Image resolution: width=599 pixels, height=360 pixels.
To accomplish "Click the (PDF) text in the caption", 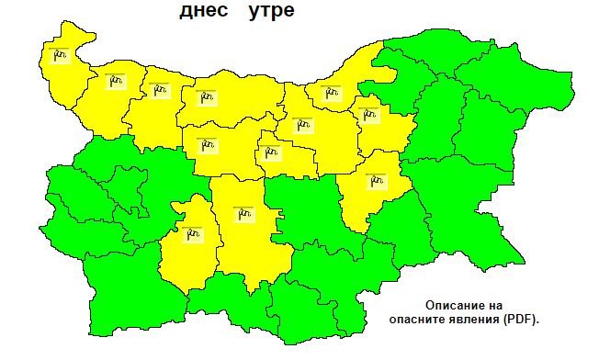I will [521, 320].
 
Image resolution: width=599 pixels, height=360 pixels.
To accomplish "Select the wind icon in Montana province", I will [115, 80].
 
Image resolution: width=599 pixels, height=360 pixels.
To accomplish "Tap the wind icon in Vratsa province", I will [161, 88].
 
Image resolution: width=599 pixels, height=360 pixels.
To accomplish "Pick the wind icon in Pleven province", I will [206, 96].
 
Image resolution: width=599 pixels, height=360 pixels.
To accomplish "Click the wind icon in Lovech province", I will [207, 143].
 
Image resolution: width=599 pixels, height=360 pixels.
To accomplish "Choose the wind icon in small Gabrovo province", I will [270, 152].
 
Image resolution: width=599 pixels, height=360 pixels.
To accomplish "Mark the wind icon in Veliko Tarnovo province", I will [301, 124].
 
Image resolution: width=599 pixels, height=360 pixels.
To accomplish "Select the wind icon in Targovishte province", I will [369, 114].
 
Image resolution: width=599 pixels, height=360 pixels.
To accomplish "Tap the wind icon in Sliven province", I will [375, 180].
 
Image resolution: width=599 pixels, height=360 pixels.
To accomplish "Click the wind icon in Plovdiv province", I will [243, 212].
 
